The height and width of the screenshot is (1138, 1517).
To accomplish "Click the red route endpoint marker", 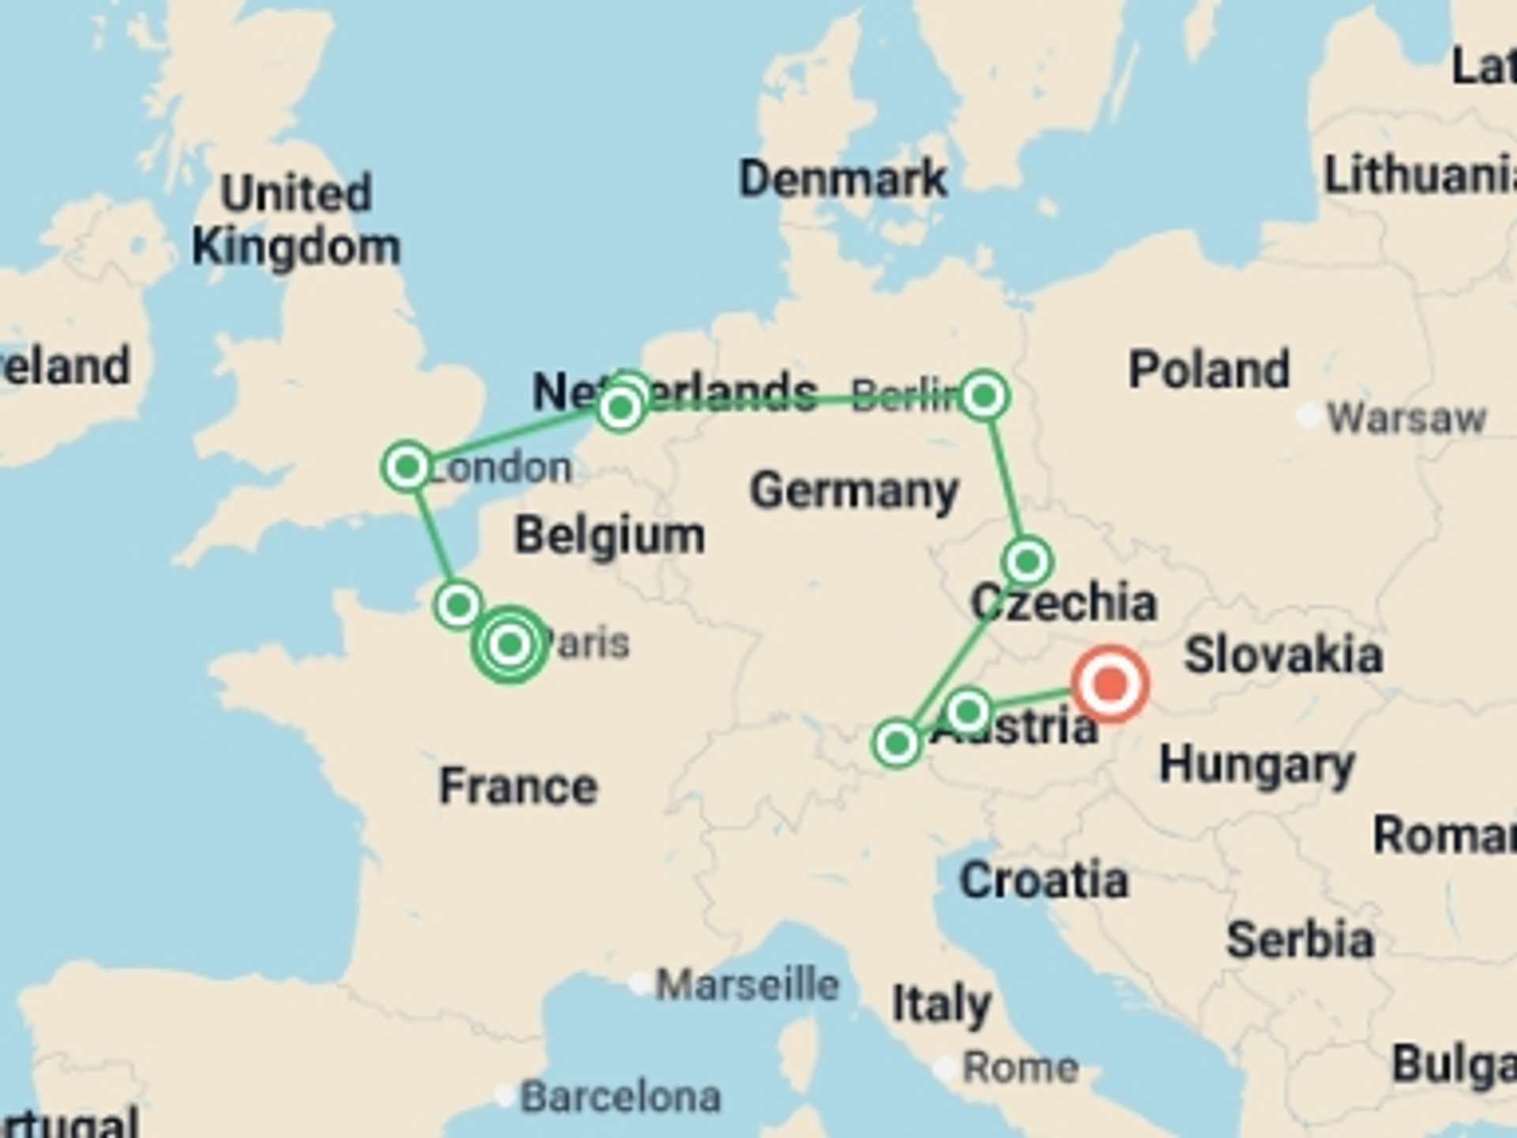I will (x=1110, y=684).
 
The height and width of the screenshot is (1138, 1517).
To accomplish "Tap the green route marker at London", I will (x=407, y=467).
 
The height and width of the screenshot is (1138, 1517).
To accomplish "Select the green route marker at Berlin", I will (x=984, y=395).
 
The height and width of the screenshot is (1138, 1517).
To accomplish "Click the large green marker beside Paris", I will (x=510, y=645).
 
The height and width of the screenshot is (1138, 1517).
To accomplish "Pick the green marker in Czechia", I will (x=1027, y=562).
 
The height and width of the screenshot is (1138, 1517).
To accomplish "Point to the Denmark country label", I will (x=842, y=179).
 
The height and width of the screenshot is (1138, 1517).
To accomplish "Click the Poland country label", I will (x=1209, y=369).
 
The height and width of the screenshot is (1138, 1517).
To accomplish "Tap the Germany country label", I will (x=854, y=491).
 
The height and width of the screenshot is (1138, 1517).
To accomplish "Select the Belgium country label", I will (x=609, y=536).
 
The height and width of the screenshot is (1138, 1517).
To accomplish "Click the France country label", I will (x=518, y=786).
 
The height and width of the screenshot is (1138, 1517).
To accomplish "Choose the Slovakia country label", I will (x=1283, y=655).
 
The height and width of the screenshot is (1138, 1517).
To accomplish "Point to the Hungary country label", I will (x=1256, y=765).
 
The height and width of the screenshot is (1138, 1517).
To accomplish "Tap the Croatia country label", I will (x=1044, y=880).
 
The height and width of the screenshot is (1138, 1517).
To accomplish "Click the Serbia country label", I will (x=1301, y=940).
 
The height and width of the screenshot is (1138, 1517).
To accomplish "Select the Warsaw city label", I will (x=1406, y=417).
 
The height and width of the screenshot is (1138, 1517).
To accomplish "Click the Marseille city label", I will (x=747, y=985).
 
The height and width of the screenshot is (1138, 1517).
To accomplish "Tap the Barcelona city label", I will (x=621, y=1097).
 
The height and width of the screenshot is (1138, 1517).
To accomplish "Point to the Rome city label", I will (x=1020, y=1068).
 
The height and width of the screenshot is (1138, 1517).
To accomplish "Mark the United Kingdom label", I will (x=296, y=220).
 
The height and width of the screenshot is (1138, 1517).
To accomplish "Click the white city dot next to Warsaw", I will (x=1308, y=415).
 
